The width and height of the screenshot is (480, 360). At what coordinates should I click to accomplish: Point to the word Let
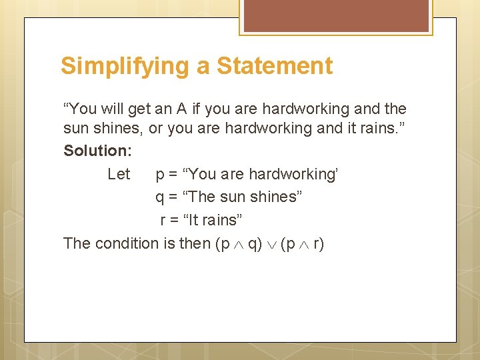tap(119, 174)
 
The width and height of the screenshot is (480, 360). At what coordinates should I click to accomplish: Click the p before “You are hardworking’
tap(160, 175)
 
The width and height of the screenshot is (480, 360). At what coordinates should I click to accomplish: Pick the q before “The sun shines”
tap(160, 197)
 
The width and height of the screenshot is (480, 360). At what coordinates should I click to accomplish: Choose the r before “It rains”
tap(163, 220)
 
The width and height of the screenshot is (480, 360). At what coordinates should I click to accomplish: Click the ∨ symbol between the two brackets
tap(271, 244)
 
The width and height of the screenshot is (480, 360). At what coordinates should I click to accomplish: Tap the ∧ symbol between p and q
tap(239, 244)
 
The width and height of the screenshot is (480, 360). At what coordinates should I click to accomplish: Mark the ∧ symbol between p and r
tap(304, 244)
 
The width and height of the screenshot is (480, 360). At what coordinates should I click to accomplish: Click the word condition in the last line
tap(127, 243)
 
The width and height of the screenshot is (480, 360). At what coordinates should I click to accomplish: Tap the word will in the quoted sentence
tap(111, 109)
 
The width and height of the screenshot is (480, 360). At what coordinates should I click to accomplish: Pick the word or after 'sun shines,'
tap(155, 128)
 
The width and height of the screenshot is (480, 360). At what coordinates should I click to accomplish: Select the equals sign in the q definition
tap(174, 197)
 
